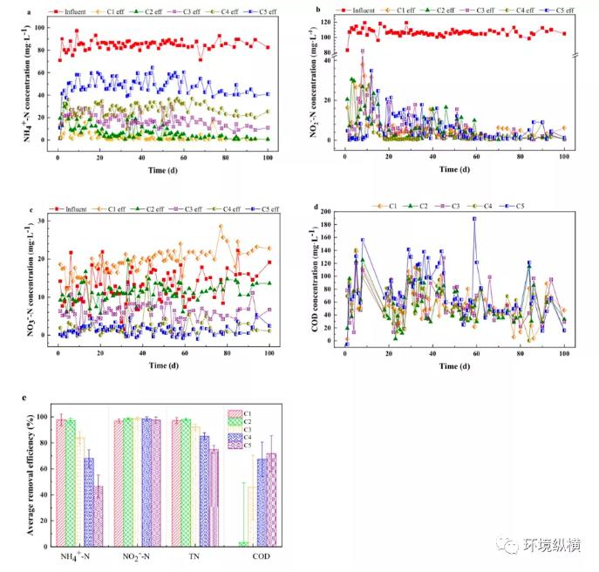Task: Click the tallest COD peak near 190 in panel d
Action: point(474,219)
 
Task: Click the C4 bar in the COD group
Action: point(262,502)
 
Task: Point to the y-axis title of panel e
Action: point(31,477)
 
